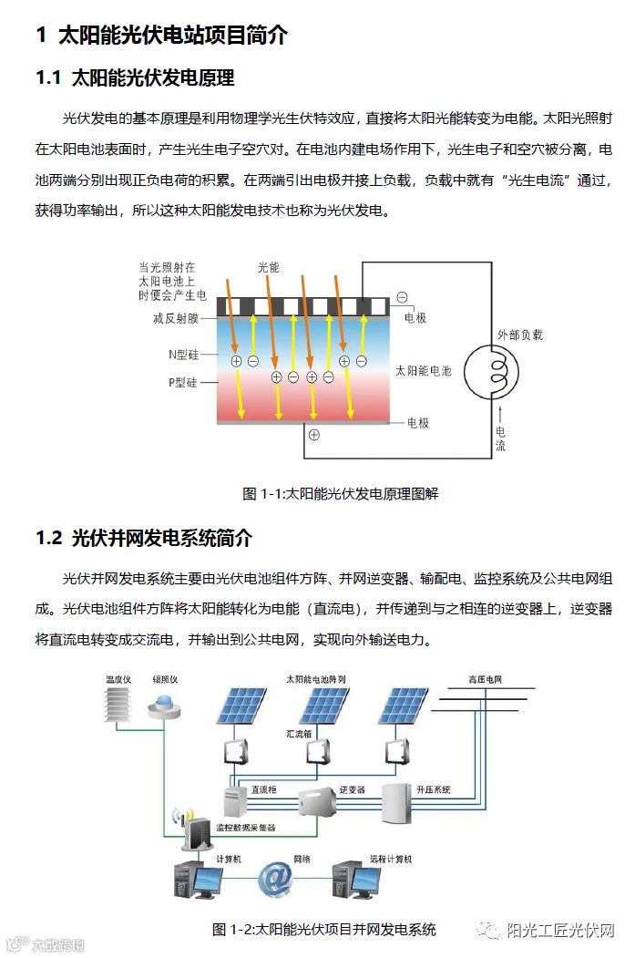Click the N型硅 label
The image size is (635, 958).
183,352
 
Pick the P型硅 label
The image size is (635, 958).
183,383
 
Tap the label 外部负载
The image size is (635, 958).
520,335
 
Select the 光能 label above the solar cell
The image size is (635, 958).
268,268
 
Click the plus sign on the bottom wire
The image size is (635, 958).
314,435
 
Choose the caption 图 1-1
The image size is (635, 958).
341,493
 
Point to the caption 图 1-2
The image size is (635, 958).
324,930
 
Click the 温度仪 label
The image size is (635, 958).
119,680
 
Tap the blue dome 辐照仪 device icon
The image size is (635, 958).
166,705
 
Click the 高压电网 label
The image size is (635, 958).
486,680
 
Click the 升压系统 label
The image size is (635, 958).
434,789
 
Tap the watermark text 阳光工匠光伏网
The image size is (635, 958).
560,930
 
